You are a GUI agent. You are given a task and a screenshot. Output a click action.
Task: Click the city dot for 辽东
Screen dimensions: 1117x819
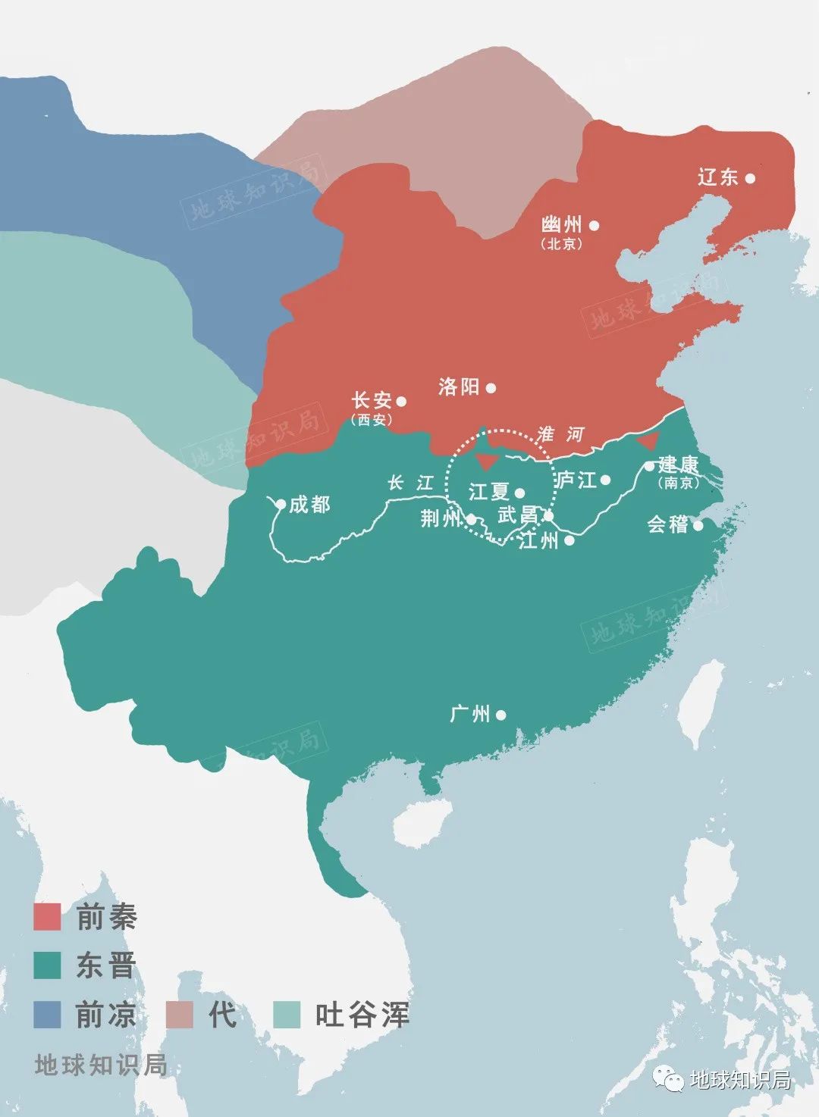pyautogui.click(x=749, y=178)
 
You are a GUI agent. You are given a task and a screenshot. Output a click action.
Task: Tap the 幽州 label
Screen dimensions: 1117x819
pyautogui.click(x=562, y=225)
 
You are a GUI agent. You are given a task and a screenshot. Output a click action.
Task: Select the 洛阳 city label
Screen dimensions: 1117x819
pyautogui.click(x=460, y=387)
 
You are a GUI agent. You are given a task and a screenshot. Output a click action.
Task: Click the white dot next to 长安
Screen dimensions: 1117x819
pyautogui.click(x=401, y=402)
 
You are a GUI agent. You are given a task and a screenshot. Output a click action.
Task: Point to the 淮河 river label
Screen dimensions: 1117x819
pyautogui.click(x=560, y=434)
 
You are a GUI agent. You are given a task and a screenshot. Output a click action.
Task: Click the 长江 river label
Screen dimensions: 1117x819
pyautogui.click(x=410, y=483)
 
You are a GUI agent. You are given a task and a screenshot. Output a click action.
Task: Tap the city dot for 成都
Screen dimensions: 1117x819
pyautogui.click(x=281, y=504)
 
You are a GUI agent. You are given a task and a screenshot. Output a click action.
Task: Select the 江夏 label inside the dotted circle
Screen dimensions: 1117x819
pyautogui.click(x=488, y=492)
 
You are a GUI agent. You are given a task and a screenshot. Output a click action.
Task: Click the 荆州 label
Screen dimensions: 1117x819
pyautogui.click(x=441, y=518)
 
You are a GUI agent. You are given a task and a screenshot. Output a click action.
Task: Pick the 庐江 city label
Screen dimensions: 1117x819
pyautogui.click(x=576, y=480)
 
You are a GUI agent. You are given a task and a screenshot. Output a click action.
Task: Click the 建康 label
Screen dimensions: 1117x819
pyautogui.click(x=679, y=465)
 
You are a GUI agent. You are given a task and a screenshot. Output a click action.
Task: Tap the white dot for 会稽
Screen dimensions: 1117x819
pyautogui.click(x=698, y=525)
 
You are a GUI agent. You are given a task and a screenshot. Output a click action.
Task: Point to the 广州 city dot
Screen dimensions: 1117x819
pyautogui.click(x=500, y=715)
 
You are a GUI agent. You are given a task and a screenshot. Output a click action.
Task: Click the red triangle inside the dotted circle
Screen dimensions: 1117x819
pyautogui.click(x=486, y=462)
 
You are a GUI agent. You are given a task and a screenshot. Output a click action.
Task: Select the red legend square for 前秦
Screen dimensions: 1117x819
pyautogui.click(x=47, y=917)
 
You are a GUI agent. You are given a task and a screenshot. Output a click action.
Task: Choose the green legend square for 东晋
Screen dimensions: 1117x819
pyautogui.click(x=47, y=965)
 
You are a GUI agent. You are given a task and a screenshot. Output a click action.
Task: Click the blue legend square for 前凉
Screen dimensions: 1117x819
pyautogui.click(x=47, y=1015)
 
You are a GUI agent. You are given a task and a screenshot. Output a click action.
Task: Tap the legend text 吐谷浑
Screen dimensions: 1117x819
pyautogui.click(x=362, y=1015)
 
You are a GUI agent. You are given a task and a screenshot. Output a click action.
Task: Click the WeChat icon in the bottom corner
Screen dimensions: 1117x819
pyautogui.click(x=670, y=1079)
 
